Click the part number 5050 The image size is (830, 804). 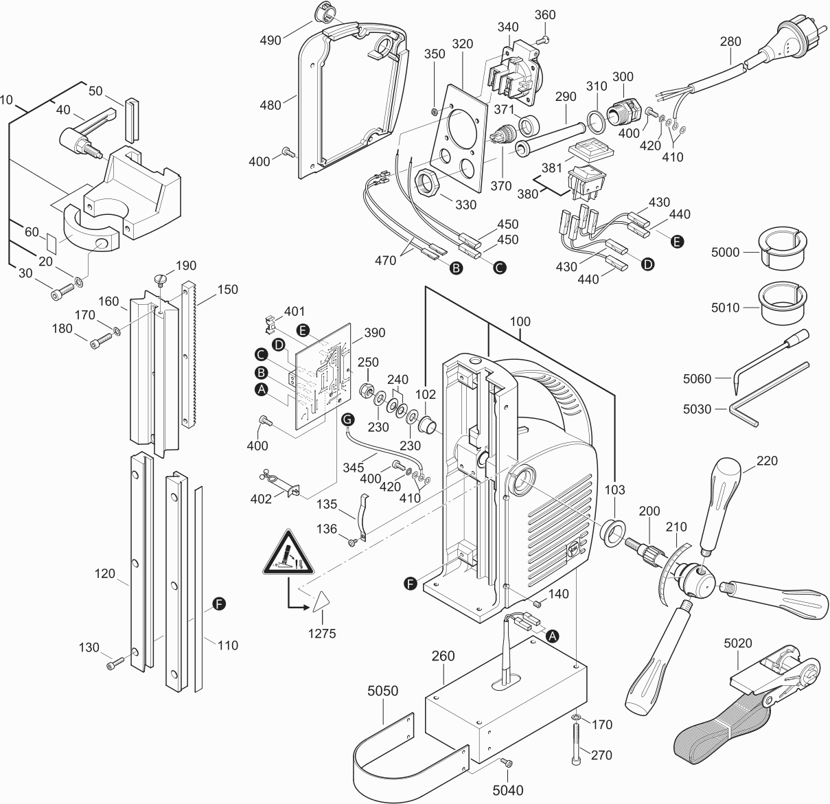pos(382,691)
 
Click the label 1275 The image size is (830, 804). pos(321,634)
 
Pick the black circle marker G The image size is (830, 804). pos(347,418)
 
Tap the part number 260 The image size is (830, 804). pos(443,656)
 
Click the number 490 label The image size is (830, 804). pos(270,41)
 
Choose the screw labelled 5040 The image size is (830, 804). pos(506,762)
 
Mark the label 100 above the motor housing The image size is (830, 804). pos(520,321)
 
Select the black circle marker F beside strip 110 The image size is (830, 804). pos(219,604)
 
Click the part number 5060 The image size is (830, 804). pos(697,378)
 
